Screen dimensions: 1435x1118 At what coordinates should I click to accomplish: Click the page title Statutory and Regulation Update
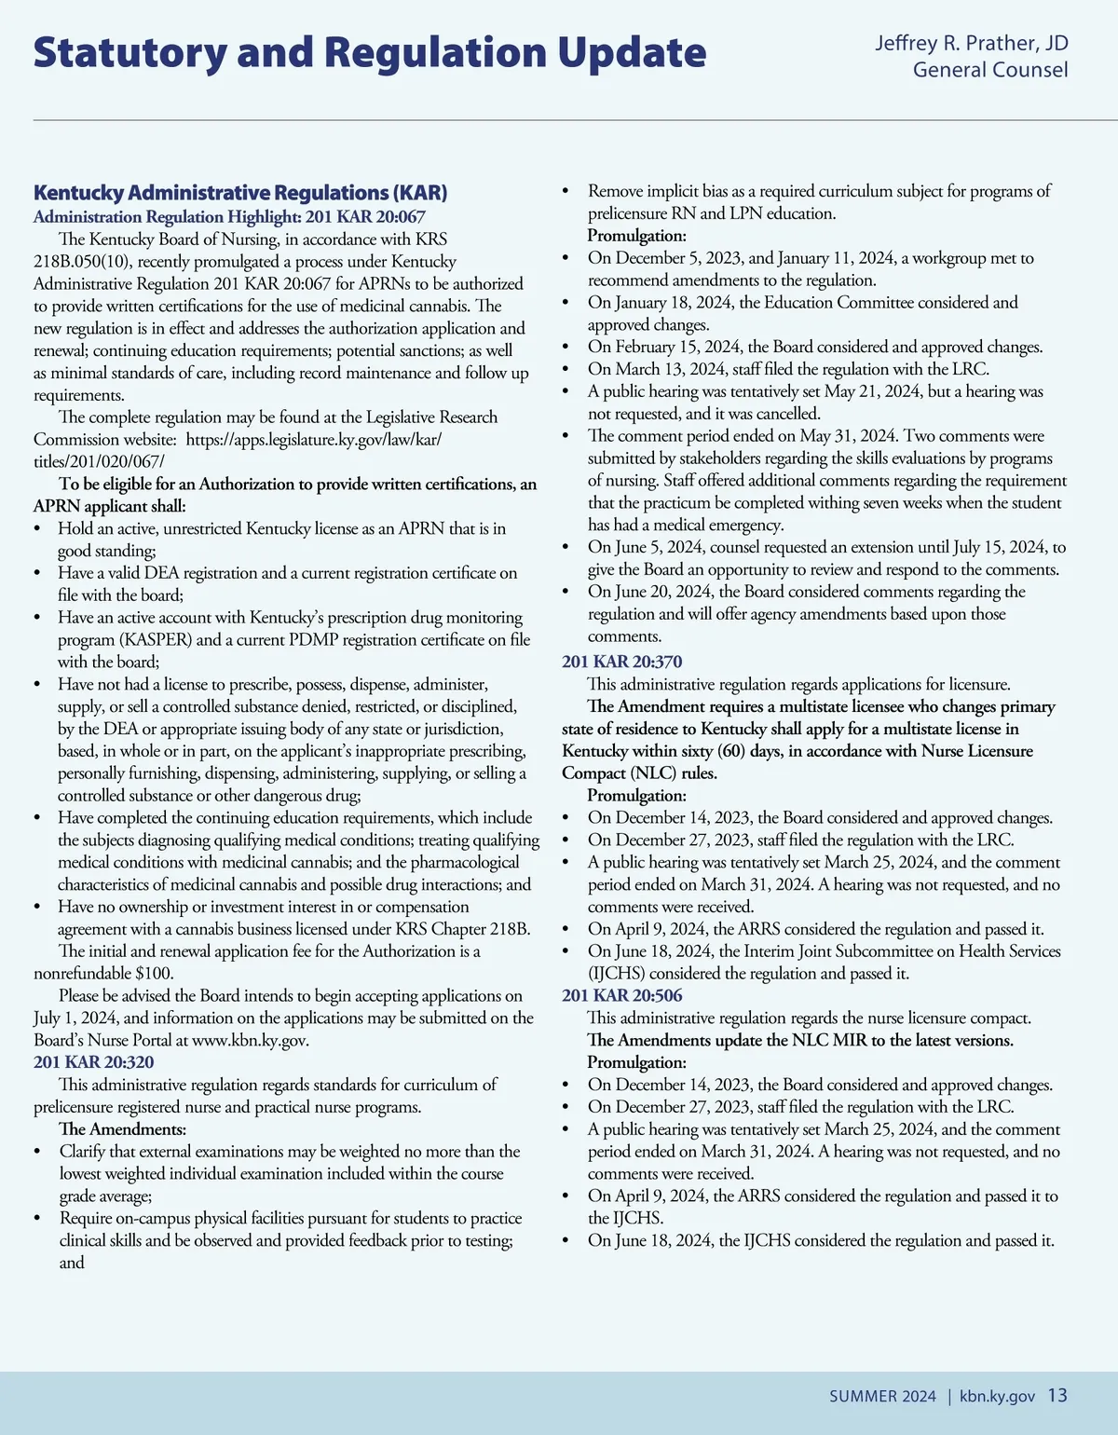point(370,53)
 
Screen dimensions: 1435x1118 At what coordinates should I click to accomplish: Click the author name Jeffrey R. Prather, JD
point(972,43)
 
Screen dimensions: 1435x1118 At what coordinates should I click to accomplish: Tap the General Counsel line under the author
point(990,70)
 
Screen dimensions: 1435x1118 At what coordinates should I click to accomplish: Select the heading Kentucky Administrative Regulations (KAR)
point(240,193)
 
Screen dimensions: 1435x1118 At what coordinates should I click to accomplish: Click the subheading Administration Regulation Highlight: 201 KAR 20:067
point(229,216)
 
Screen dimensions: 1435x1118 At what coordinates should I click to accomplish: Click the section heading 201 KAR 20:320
point(93,1062)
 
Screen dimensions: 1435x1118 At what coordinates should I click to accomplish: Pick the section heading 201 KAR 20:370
point(621,662)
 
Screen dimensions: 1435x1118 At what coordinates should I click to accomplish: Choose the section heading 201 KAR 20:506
point(621,995)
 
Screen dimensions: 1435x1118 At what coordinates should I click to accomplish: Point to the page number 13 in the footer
point(1057,1395)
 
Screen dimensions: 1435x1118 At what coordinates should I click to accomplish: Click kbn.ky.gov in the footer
point(997,1396)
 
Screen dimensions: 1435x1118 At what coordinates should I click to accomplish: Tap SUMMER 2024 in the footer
point(882,1396)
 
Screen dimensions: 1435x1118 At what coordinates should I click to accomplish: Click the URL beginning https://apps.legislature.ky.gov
point(313,439)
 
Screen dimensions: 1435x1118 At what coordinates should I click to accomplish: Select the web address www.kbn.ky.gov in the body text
point(250,1040)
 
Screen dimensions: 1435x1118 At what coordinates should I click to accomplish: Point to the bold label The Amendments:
point(122,1129)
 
